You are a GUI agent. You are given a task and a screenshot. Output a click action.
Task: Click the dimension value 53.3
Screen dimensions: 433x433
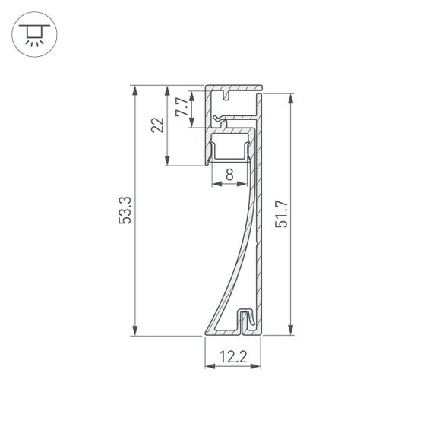pos(126,210)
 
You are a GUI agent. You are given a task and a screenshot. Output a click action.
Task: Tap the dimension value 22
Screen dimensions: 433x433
pos(157,125)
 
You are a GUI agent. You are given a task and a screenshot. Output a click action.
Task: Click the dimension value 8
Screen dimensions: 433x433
pos(229,173)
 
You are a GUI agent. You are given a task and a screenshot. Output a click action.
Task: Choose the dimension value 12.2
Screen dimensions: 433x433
pos(232,355)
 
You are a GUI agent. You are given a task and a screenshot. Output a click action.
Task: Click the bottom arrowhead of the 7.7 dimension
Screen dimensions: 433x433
pos(191,124)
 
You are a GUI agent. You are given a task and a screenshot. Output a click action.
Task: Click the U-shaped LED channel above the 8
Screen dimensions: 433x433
pos(229,150)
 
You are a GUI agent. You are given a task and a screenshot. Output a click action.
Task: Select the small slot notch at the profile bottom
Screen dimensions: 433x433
pos(245,319)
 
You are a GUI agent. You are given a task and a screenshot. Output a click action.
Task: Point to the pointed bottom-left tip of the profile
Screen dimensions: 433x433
pos(205,333)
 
